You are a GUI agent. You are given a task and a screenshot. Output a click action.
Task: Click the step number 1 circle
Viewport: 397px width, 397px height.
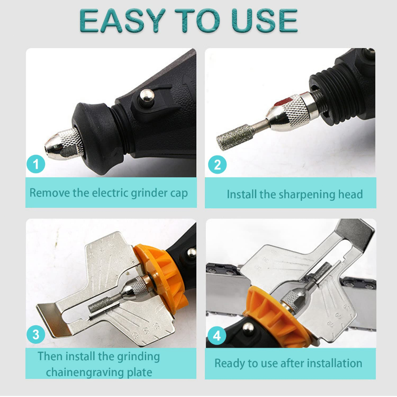[x=36, y=165]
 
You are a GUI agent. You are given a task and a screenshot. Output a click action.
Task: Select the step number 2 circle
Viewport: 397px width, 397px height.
[x=217, y=165]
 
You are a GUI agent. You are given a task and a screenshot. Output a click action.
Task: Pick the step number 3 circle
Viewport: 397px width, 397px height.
[x=36, y=334]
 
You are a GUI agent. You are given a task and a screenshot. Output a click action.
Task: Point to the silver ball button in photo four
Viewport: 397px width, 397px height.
[x=249, y=329]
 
